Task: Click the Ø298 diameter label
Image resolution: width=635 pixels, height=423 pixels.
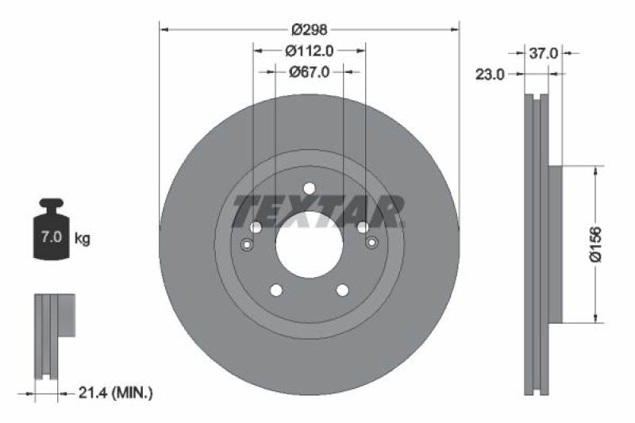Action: click(310, 30)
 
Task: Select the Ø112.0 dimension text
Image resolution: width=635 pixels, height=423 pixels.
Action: click(309, 51)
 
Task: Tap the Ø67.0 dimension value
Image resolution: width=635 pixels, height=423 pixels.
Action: click(309, 71)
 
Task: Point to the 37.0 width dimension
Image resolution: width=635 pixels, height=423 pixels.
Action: click(545, 53)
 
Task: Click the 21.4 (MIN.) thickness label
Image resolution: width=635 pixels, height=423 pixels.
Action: click(116, 392)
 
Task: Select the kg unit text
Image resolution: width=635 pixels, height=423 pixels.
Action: click(83, 237)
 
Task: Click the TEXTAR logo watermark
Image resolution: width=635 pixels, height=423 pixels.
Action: click(317, 211)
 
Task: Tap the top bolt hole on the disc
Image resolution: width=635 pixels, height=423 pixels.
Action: click(310, 188)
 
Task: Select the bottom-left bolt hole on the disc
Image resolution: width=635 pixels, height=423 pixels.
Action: click(275, 290)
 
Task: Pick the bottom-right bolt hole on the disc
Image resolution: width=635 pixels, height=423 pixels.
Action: click(343, 290)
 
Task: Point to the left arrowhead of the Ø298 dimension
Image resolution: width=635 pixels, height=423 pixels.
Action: click(164, 30)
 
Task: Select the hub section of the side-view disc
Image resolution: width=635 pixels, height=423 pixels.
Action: click(556, 244)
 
